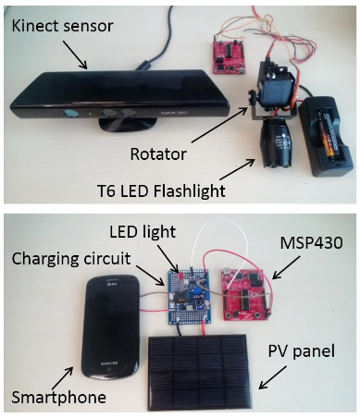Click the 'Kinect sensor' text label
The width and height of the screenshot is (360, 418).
click(x=63, y=26)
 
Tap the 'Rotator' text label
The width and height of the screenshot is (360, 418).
click(x=158, y=154)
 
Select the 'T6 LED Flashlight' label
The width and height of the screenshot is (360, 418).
click(x=161, y=191)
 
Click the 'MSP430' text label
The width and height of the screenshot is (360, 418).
click(x=311, y=243)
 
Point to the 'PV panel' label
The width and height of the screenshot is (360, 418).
click(x=302, y=351)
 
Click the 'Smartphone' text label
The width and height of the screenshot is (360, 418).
click(x=59, y=398)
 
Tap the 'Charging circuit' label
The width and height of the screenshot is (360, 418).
click(x=71, y=258)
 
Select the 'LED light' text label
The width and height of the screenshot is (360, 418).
click(x=143, y=231)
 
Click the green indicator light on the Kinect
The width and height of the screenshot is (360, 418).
click(x=90, y=114)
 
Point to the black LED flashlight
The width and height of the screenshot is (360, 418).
click(x=275, y=143)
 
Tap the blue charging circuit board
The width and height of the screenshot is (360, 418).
click(x=188, y=297)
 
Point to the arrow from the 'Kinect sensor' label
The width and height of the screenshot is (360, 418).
click(x=75, y=55)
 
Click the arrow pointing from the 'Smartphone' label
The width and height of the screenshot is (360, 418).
click(x=63, y=378)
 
